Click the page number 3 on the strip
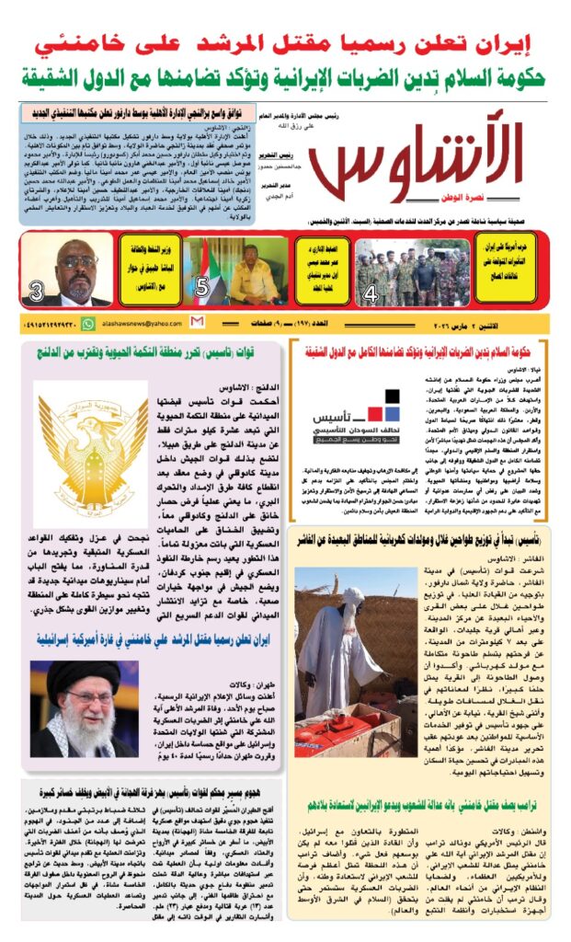coord(37,293)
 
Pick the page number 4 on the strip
coord(371,294)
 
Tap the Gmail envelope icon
coord(196,323)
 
